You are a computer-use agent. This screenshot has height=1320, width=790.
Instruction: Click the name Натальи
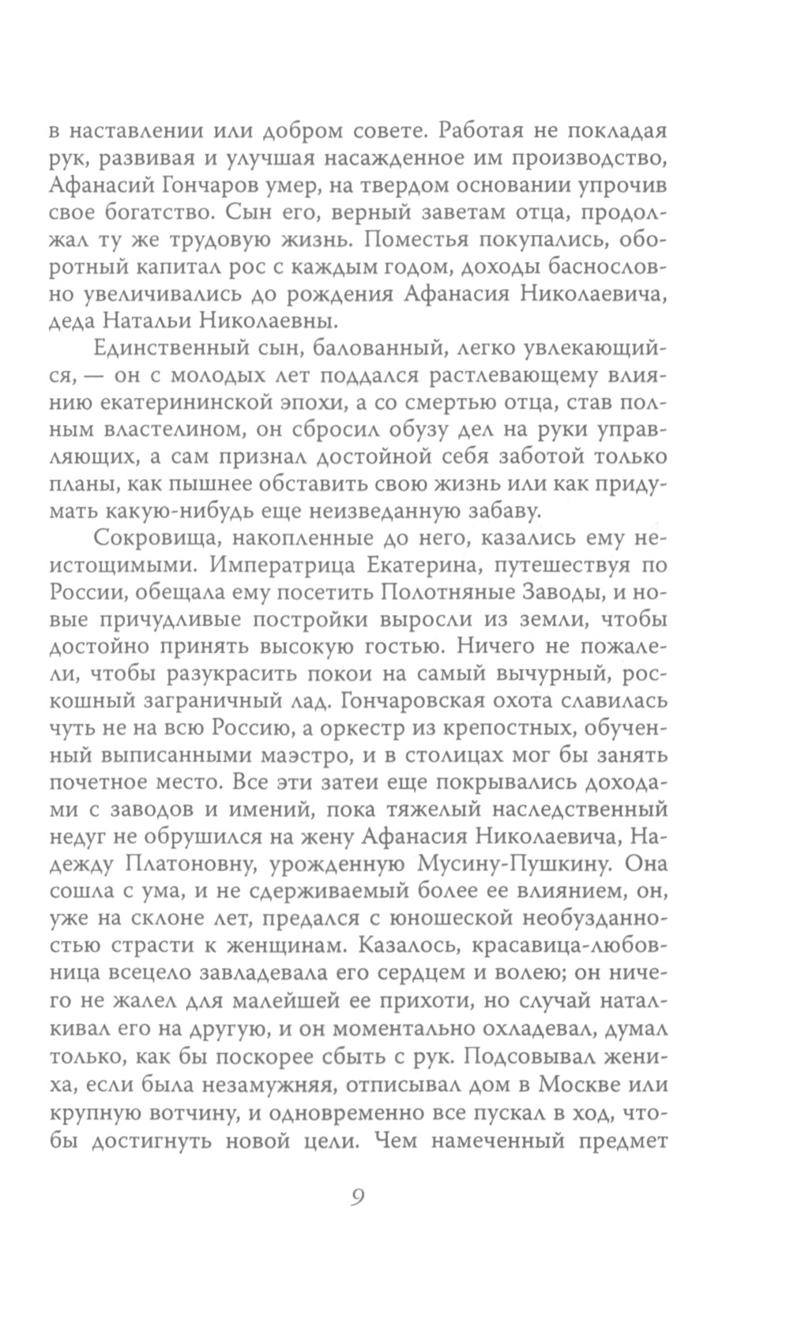(170, 322)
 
